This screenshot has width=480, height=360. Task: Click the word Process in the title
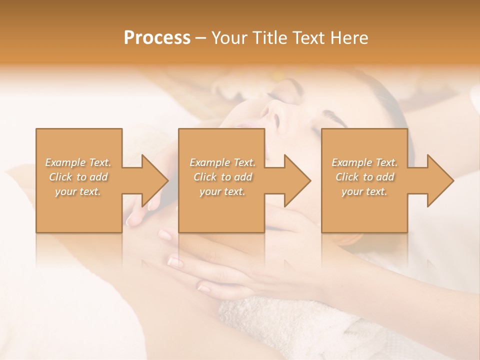tap(157, 38)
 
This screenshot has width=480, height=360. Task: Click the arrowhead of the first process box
tap(153, 180)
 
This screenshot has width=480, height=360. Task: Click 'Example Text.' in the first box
tap(78, 162)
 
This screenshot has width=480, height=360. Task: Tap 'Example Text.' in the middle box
tap(222, 162)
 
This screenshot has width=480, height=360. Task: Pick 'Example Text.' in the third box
tap(364, 162)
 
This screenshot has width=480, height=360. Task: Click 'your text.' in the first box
tap(78, 191)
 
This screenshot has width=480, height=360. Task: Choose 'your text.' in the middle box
tap(222, 191)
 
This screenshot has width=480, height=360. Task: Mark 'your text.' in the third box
tap(364, 191)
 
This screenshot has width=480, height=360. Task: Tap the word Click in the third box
tap(347, 177)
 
